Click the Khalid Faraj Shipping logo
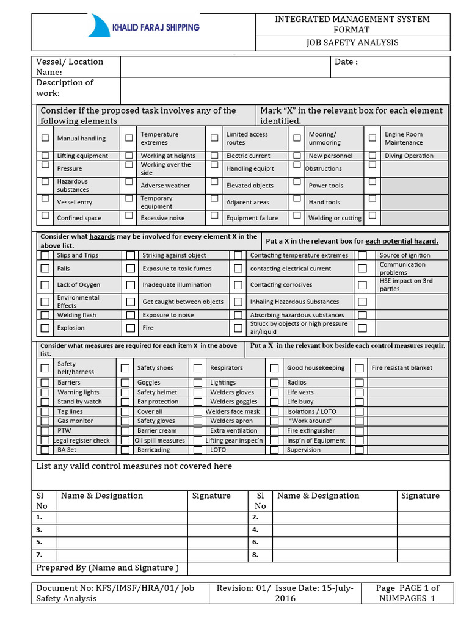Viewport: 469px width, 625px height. [144, 27]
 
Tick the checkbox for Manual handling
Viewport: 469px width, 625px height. [45, 138]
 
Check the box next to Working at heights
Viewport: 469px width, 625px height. [129, 156]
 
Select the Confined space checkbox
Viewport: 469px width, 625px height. [45, 215]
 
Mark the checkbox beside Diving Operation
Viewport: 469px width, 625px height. [373, 156]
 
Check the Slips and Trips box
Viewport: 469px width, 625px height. [45, 255]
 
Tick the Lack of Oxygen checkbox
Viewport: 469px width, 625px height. [45, 284]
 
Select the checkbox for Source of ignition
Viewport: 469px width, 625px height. [363, 255]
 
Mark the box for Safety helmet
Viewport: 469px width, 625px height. [125, 392]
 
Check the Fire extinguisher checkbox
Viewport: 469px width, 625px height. [274, 430]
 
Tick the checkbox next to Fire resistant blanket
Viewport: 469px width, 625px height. [360, 368]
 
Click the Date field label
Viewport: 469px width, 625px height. [346, 62]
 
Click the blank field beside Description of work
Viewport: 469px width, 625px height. [285, 91]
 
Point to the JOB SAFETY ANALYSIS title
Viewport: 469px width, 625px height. [352, 42]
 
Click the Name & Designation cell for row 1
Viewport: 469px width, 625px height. [122, 518]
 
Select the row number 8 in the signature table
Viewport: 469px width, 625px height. [255, 555]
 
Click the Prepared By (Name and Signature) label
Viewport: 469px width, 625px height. [107, 568]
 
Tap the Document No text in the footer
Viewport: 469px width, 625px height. [115, 593]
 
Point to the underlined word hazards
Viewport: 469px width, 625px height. [102, 236]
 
